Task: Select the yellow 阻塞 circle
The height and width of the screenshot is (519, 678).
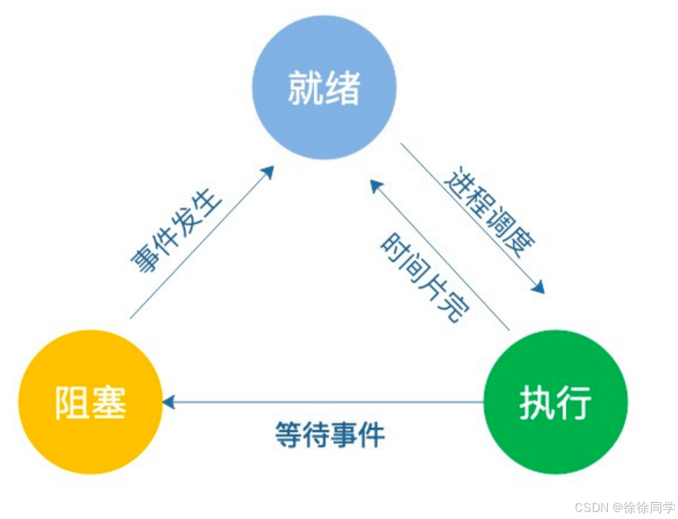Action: (x=90, y=401)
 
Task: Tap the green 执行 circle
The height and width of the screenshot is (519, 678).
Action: (x=555, y=401)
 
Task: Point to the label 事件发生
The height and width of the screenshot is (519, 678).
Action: (x=176, y=229)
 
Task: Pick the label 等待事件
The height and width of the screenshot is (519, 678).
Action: (x=330, y=435)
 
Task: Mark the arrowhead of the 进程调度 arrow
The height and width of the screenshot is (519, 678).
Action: (x=538, y=287)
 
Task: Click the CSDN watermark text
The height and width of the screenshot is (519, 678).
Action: (x=592, y=507)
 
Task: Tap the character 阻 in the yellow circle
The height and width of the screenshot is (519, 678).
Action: (x=71, y=402)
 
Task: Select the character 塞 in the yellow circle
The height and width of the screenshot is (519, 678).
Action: (x=109, y=402)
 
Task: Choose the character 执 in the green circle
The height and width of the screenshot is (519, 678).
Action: (x=536, y=402)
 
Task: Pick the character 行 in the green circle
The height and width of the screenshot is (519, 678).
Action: (x=575, y=402)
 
